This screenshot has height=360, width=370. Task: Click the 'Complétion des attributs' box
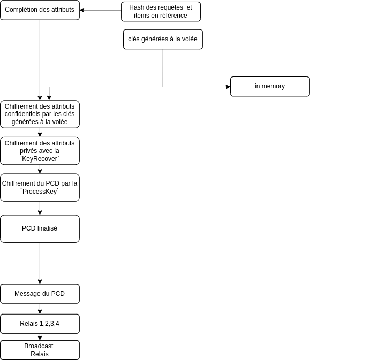click(x=40, y=10)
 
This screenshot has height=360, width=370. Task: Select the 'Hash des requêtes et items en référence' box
click(x=161, y=12)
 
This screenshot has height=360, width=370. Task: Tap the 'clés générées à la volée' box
click(x=163, y=40)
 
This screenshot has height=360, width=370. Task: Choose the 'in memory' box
click(x=270, y=87)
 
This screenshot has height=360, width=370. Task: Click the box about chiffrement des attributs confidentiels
click(x=40, y=114)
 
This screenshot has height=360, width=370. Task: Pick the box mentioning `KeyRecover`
click(x=40, y=151)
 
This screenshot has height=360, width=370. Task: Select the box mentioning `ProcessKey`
click(x=40, y=188)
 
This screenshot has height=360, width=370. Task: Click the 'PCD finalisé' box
click(x=40, y=229)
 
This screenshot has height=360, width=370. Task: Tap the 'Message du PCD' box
click(x=40, y=294)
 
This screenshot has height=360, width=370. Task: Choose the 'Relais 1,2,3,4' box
click(x=40, y=324)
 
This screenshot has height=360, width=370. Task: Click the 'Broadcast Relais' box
click(x=40, y=350)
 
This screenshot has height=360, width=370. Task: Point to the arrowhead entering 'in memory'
click(x=229, y=87)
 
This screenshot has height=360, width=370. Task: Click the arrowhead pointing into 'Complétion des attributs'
click(x=82, y=10)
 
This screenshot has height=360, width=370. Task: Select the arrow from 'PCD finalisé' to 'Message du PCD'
click(x=40, y=263)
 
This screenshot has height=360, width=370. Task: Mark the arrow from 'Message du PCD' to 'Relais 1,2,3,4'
click(x=40, y=309)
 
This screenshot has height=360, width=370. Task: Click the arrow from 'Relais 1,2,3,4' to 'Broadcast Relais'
click(x=40, y=337)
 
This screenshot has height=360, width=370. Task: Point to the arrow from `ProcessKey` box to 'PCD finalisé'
click(x=40, y=208)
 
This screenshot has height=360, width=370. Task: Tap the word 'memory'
click(x=273, y=86)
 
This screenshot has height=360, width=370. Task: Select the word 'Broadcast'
click(x=39, y=346)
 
